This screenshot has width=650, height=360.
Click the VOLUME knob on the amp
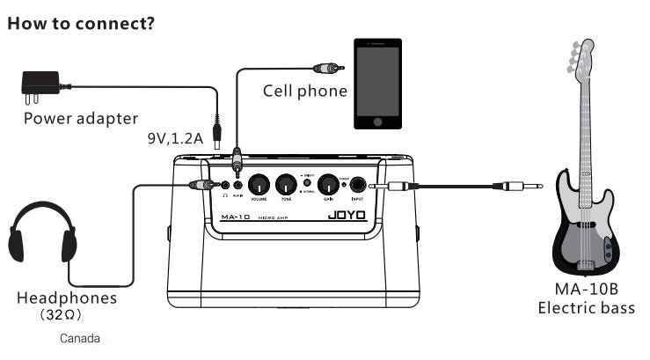click(x=259, y=185)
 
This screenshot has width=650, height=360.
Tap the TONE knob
click(x=285, y=185)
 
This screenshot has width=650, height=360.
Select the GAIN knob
click(x=328, y=185)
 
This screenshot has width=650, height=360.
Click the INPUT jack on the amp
click(x=359, y=186)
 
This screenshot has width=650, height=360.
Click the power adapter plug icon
click(x=40, y=85)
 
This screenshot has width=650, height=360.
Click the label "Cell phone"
click(x=304, y=91)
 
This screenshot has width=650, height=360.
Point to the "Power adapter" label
click(x=80, y=118)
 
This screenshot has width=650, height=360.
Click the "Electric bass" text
click(x=586, y=307)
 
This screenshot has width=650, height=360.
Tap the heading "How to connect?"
click(x=81, y=22)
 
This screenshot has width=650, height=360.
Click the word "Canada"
click(x=80, y=338)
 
